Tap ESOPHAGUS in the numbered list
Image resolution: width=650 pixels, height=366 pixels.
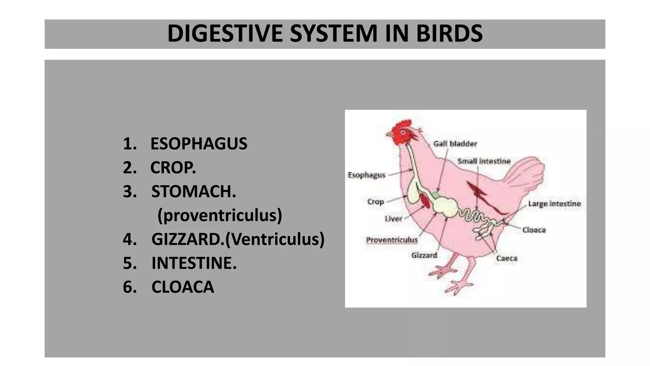pyautogui.click(x=199, y=144)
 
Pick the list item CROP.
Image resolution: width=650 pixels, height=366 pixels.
pyautogui.click(x=173, y=167)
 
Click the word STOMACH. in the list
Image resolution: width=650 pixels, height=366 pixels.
pyautogui.click(x=194, y=191)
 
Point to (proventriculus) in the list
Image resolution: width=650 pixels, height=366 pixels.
pyautogui.click(x=220, y=215)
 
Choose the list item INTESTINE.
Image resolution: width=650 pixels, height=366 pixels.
pyautogui.click(x=194, y=263)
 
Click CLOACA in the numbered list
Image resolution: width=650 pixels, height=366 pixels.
pyautogui.click(x=182, y=287)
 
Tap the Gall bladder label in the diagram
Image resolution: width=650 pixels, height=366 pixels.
pyautogui.click(x=455, y=144)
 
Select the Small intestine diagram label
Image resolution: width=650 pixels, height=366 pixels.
pyautogui.click(x=484, y=161)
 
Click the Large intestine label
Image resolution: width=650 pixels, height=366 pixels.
pyautogui.click(x=554, y=204)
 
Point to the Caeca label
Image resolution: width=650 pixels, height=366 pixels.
pyautogui.click(x=507, y=258)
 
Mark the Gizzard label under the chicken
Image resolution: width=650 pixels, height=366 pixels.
pyautogui.click(x=424, y=255)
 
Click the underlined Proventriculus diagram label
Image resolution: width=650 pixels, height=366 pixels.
pyautogui.click(x=392, y=240)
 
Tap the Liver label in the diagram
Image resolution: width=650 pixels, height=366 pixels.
pyautogui.click(x=393, y=219)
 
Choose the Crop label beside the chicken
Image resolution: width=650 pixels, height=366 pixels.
pyautogui.click(x=375, y=202)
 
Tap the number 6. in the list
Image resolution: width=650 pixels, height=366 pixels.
pyautogui.click(x=129, y=287)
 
